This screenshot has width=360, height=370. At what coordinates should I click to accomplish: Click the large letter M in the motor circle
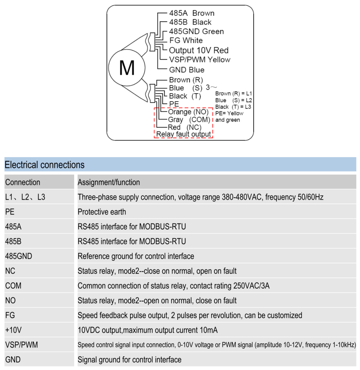pos(127,68)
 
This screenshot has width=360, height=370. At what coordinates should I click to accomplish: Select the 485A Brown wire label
pos(192,13)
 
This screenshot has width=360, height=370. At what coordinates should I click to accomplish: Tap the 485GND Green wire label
pos(196,31)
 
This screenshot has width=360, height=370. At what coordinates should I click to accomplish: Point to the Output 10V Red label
pos(199,50)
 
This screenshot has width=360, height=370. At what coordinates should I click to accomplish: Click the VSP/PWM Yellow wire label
pos(200,60)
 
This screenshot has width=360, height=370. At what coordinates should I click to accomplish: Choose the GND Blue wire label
pos(187,70)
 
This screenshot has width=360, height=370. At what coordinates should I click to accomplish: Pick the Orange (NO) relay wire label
pos(188,112)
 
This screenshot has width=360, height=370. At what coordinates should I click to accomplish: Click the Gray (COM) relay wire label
pos(189,120)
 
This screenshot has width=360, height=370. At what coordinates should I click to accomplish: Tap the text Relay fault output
pos(183,134)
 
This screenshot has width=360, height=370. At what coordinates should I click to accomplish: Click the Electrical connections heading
pos(44,165)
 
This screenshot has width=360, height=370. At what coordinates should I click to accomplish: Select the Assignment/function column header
pos(109,182)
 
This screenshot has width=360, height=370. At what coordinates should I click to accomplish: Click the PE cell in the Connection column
pos(10,212)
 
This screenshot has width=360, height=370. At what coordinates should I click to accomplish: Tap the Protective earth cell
pos(102,212)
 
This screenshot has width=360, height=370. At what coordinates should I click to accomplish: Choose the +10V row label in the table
pos(13,330)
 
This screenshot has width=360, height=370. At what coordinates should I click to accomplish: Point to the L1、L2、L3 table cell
pos(25,197)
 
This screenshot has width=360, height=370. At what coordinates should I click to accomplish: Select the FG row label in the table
pos(10,315)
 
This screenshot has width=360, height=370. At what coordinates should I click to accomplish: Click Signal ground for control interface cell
pos(130,360)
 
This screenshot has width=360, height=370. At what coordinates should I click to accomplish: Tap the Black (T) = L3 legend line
pos(233,107)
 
